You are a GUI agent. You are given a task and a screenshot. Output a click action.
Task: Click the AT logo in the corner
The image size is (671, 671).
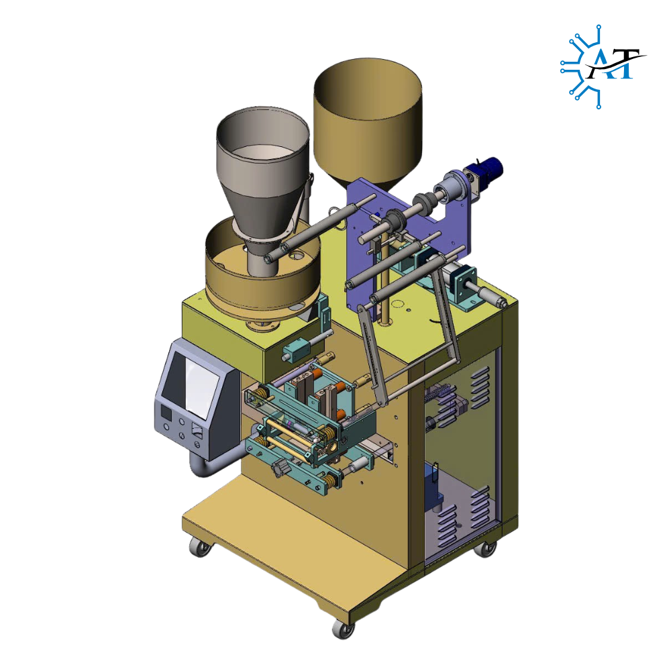[603, 66]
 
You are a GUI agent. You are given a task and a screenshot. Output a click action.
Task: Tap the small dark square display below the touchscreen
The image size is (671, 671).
[165, 413]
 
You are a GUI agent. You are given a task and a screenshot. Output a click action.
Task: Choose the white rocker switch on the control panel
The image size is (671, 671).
[197, 429]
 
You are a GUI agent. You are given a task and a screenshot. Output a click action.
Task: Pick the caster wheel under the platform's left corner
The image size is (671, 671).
[200, 546]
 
